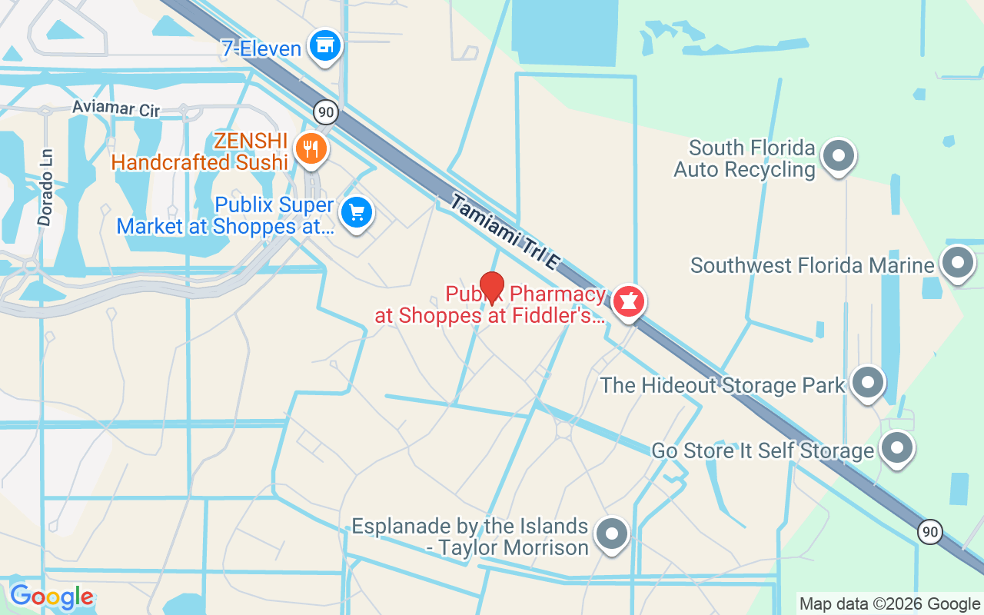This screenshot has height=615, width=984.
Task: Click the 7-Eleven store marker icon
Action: point(325,45)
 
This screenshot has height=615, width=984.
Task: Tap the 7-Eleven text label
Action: point(261,49)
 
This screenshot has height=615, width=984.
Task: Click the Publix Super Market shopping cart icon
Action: point(356,211)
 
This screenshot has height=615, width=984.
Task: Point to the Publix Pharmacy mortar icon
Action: point(628,301)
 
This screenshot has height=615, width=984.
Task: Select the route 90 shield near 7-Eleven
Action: point(326,112)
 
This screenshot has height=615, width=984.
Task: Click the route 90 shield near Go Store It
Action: point(930,531)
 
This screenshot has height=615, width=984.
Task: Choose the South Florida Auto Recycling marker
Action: point(839,156)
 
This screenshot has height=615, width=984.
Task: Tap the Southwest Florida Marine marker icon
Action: point(958,263)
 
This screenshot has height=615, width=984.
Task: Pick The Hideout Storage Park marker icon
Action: point(868,382)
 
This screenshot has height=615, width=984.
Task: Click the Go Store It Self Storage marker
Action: point(896,447)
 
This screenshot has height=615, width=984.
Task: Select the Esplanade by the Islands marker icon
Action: point(612,534)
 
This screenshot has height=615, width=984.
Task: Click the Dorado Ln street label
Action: point(46,188)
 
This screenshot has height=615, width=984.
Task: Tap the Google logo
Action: point(52,597)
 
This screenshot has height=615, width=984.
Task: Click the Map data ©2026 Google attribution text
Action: point(889,604)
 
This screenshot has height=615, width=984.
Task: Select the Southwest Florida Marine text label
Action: point(812,266)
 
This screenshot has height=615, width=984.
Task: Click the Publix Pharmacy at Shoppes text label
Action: point(490,305)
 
